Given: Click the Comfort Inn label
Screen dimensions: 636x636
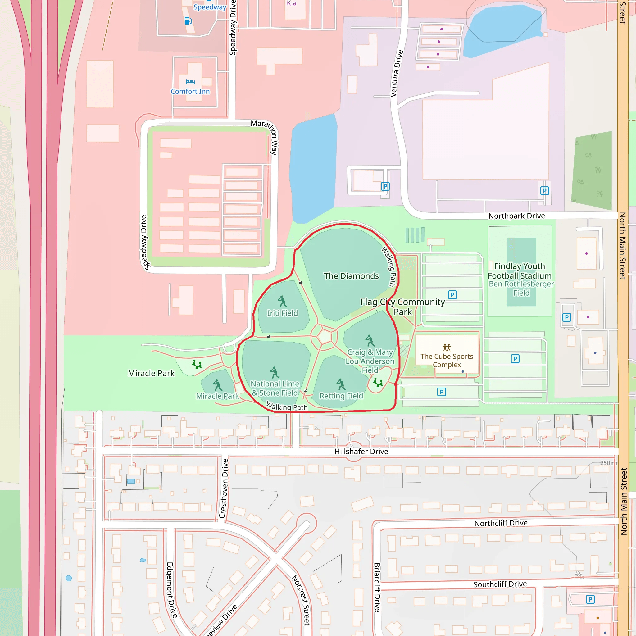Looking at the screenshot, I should point(190,92).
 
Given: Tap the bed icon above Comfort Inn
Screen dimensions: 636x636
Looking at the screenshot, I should point(190,81).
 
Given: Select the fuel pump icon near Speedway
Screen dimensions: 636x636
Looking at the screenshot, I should point(188,21).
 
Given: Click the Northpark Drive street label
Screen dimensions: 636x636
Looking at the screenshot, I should point(516,216).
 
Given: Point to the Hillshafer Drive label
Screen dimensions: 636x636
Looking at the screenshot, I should point(361,451).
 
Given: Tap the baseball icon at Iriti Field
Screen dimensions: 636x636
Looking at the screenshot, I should point(282,301).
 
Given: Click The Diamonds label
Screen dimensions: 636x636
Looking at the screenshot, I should point(351,276).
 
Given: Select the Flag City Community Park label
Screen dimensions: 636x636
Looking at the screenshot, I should point(402,307).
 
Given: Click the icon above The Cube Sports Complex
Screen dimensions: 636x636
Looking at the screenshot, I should point(447,347).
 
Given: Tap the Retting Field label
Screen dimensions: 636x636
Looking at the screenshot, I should point(341,396).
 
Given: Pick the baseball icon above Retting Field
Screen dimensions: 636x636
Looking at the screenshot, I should point(341,384).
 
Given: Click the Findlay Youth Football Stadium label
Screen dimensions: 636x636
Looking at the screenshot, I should point(520,270).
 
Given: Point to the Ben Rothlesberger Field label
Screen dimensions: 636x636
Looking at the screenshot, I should point(521,288).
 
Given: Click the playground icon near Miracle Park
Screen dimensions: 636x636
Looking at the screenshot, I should point(197,364).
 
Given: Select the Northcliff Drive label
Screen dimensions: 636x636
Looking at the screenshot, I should point(501,523).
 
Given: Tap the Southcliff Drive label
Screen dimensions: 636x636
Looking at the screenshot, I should point(500,584).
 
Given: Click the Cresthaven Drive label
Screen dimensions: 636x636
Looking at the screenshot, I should point(224,488).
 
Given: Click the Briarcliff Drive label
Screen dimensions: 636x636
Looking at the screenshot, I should point(377,587).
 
